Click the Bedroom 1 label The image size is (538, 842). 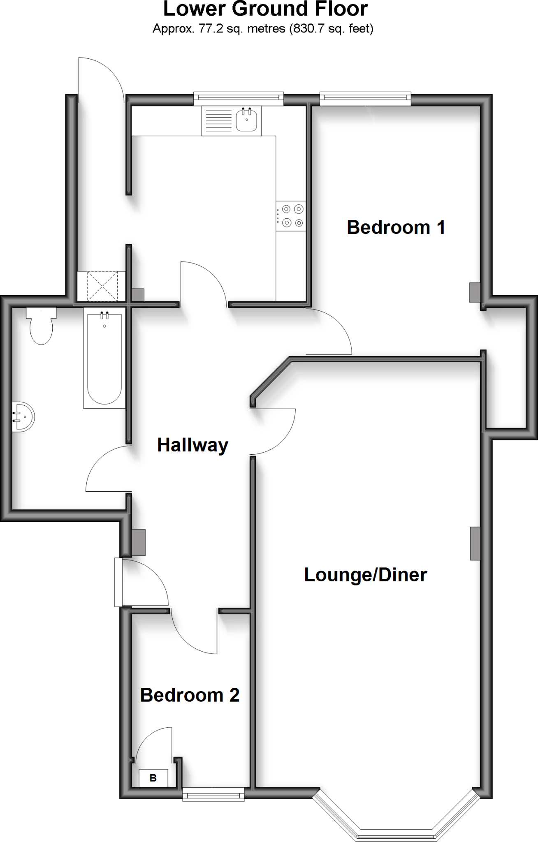[396, 227]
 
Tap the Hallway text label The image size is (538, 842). [192, 445]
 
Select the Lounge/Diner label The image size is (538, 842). [365, 574]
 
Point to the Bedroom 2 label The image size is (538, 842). [190, 695]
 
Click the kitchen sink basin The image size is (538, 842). [247, 120]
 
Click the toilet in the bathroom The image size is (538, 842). [41, 327]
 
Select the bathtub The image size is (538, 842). [104, 358]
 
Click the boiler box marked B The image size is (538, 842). [153, 778]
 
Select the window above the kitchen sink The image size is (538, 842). [239, 97]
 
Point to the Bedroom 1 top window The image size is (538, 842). [365, 97]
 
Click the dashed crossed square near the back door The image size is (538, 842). [102, 286]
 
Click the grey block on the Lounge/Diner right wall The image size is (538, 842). [475, 543]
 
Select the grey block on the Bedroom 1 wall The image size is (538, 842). [475, 292]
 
